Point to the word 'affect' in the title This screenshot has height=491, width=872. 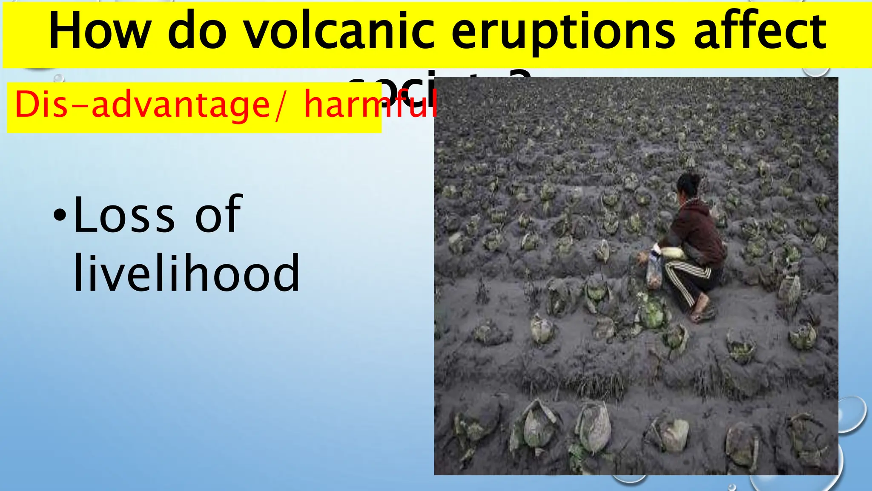tap(760, 32)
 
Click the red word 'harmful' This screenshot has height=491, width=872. tap(370, 105)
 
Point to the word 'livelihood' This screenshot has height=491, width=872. tap(186, 273)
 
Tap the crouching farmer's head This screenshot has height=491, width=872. tap(689, 184)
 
